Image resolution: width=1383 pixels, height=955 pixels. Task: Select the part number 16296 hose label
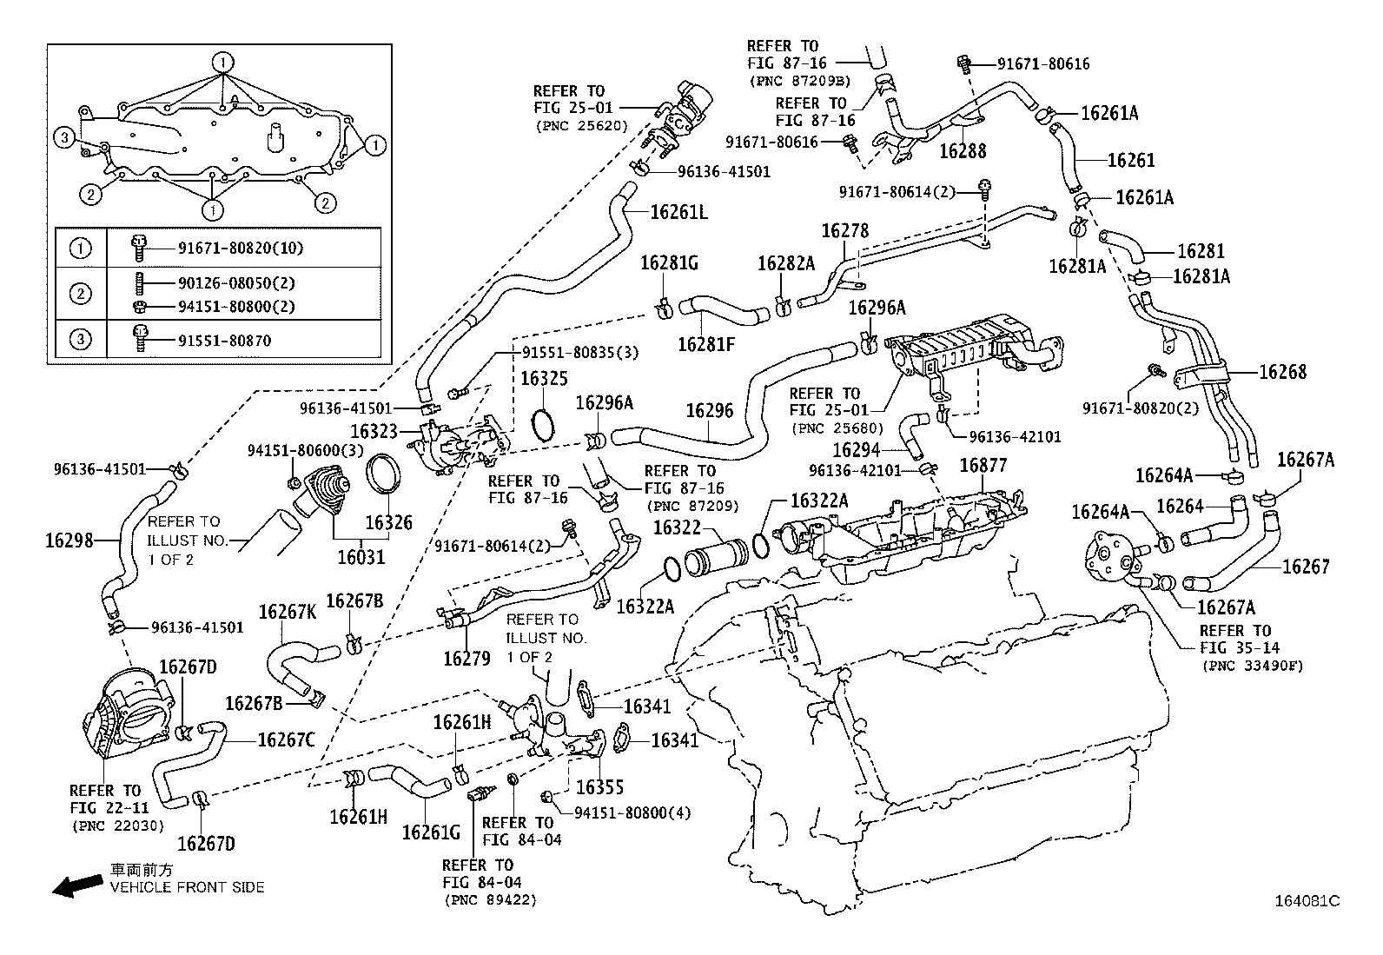709,410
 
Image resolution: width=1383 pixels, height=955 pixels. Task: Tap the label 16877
983,467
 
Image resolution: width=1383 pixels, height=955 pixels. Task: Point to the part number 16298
69,541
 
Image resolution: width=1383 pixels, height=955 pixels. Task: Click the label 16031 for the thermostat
361,557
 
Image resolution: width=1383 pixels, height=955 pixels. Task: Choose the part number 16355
600,787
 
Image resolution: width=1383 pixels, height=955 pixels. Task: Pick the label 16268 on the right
1282,372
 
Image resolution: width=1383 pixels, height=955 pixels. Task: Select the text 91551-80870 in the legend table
224,341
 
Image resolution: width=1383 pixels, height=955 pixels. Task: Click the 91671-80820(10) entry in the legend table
229,249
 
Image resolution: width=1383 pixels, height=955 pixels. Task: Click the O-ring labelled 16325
544,424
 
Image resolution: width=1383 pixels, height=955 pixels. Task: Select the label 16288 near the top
963,150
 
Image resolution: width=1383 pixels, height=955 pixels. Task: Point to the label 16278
844,231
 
